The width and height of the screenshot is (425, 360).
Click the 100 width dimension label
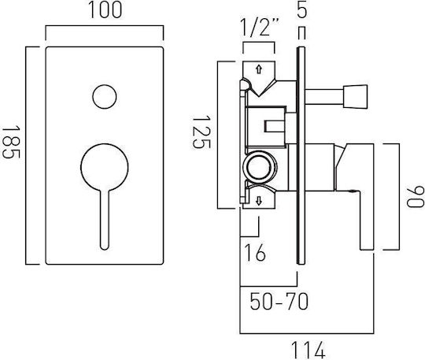(105, 10)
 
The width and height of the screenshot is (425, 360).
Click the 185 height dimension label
(11, 142)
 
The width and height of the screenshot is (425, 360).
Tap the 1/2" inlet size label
(260, 27)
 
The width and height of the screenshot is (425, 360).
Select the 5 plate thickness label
(301, 10)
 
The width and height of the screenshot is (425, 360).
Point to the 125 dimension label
(201, 132)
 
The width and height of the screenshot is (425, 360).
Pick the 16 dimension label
(255, 253)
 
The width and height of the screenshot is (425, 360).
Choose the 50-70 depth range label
(279, 302)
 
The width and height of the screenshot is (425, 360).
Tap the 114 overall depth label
(309, 350)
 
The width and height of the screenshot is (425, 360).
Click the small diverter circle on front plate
(105, 97)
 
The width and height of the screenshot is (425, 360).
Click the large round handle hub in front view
(105, 167)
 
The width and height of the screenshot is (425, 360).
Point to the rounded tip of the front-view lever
(105, 247)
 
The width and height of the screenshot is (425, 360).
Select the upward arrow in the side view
(259, 69)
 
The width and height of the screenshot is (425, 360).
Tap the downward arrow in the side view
(259, 201)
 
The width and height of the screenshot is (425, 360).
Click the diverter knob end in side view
(356, 97)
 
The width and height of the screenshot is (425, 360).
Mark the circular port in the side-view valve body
(260, 165)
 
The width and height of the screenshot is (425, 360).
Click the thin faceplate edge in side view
(301, 156)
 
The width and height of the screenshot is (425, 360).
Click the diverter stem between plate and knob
(324, 97)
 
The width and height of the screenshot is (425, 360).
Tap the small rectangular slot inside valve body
(275, 126)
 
